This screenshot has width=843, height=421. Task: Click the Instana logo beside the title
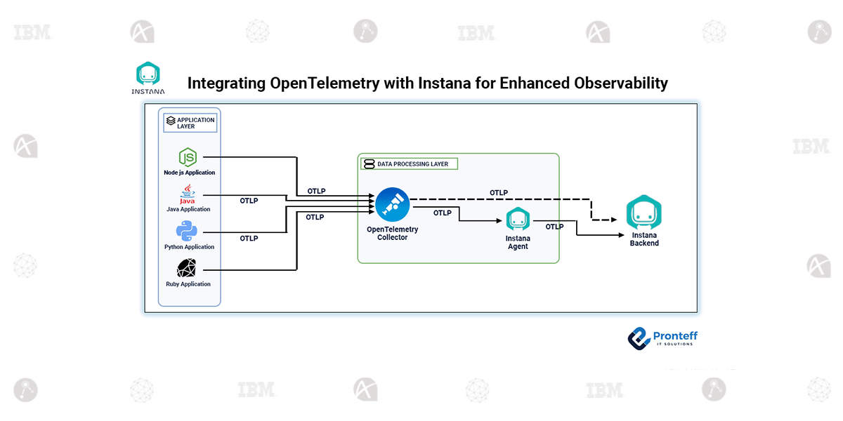(148, 78)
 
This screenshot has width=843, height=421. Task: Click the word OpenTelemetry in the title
(322, 83)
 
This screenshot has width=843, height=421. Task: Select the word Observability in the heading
(620, 83)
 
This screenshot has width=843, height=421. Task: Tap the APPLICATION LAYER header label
(190, 123)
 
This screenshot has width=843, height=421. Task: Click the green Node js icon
(188, 157)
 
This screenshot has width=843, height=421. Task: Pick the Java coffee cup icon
(188, 194)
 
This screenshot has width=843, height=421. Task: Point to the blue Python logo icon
(188, 232)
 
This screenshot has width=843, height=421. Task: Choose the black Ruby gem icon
(188, 268)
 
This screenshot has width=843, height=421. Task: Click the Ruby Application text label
(188, 284)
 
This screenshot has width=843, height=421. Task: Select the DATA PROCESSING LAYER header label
(409, 163)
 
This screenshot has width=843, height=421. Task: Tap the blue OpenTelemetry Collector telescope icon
(392, 204)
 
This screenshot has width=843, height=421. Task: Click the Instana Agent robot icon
(518, 219)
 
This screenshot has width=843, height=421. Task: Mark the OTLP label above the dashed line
(498, 193)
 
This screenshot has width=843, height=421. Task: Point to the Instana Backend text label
(644, 239)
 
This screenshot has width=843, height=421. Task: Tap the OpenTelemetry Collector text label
(392, 234)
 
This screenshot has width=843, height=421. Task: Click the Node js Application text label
(190, 173)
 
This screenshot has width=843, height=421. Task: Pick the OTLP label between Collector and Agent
(443, 213)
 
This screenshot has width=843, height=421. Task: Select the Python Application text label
(189, 247)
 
